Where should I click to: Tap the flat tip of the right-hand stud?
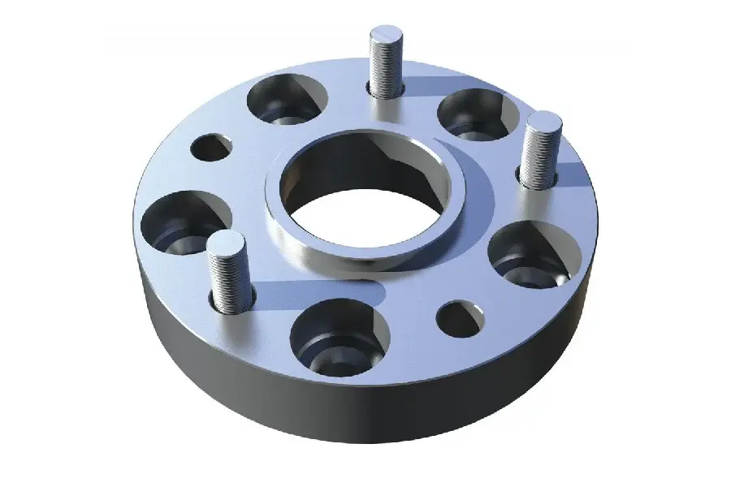tap(544, 123)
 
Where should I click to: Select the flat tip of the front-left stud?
tap(225, 241)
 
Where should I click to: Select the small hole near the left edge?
tap(211, 147)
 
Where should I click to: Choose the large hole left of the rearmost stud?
tap(283, 98)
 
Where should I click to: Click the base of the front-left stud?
tap(232, 302)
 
